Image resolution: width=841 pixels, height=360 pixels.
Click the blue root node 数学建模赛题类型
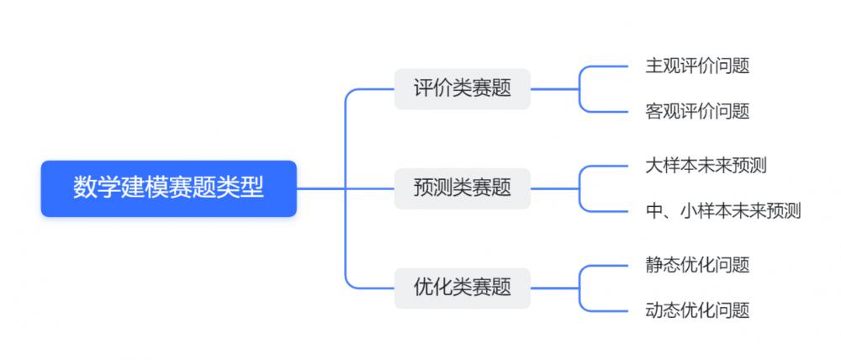pos(168,188)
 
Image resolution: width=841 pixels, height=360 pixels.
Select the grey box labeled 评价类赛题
pos(462,88)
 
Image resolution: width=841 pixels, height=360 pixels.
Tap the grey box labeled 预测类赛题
pos(462,188)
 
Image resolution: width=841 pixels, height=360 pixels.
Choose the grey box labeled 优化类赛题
pos(462,287)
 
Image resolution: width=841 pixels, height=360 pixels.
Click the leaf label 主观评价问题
pos(696,66)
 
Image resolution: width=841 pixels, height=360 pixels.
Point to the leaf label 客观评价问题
pos(696,111)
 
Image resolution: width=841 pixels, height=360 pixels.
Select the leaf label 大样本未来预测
pos(706,165)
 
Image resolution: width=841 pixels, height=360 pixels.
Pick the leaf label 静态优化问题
pos(696,265)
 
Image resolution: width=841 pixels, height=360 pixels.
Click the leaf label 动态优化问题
pos(696,310)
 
